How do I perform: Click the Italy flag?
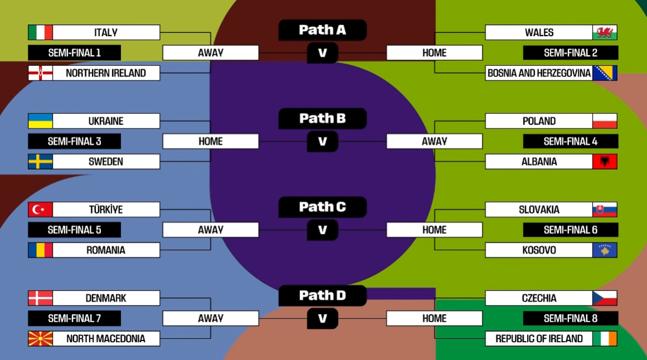pyautogui.click(x=40, y=32)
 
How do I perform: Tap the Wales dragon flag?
pyautogui.click(x=605, y=32)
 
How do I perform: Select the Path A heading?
pyautogui.click(x=322, y=30)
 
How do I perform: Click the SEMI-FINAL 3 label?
pyautogui.click(x=74, y=141)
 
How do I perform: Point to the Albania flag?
pyautogui.click(x=605, y=162)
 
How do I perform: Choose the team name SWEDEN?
pyautogui.click(x=105, y=162)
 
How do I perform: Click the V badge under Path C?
pyautogui.click(x=322, y=230)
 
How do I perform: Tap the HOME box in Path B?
pyautogui.click(x=210, y=141)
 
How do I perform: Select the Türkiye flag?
pyautogui.click(x=40, y=210)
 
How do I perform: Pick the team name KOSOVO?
pyautogui.click(x=539, y=250)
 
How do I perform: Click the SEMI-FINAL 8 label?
pyautogui.click(x=570, y=318)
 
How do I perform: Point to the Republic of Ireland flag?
pyautogui.click(x=605, y=339)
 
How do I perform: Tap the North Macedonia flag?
pyautogui.click(x=40, y=339)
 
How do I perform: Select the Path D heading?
pyautogui.click(x=322, y=295)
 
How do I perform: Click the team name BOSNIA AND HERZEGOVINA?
pyautogui.click(x=539, y=73)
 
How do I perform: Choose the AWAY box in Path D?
pyautogui.click(x=210, y=318)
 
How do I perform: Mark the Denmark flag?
pyautogui.click(x=40, y=298)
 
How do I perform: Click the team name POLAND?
pyautogui.click(x=539, y=121)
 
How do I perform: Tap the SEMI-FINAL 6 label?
pyautogui.click(x=570, y=230)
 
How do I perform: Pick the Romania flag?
pyautogui.click(x=40, y=250)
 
